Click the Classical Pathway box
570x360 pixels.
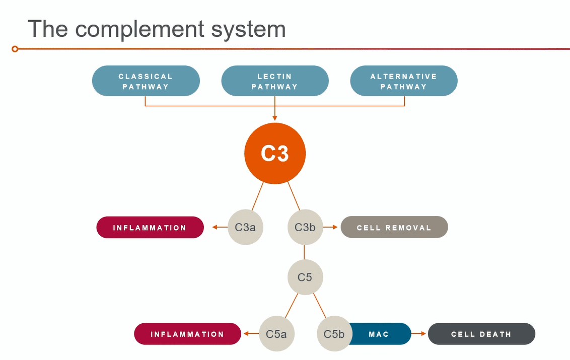[x=146, y=81]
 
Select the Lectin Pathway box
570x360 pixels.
[x=275, y=81]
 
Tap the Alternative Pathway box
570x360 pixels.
[x=404, y=81]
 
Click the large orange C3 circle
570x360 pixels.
[x=275, y=153]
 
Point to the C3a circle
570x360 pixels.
[x=245, y=227]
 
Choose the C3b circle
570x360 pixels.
[x=305, y=227]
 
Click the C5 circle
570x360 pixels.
[x=305, y=277]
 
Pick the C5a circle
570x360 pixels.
[x=276, y=334]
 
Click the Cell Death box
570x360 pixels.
[x=481, y=334]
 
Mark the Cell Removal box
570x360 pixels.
[x=394, y=227]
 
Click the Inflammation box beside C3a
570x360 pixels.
[x=150, y=227]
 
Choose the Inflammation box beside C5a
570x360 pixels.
[x=188, y=334]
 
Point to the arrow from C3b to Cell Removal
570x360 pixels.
[x=330, y=227]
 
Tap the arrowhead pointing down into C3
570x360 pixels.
[x=275, y=118]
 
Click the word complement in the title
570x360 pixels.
[x=139, y=29]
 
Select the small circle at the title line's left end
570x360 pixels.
[x=15, y=49]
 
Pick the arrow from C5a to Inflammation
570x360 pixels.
[x=251, y=334]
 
